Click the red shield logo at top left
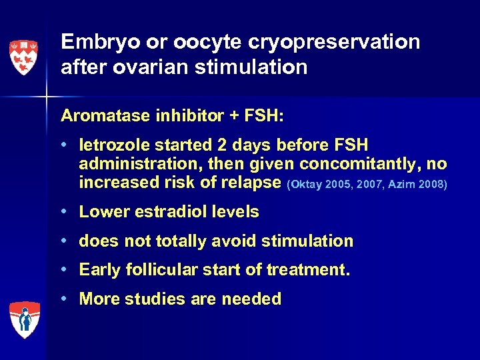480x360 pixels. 23,57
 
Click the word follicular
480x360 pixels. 157,270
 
